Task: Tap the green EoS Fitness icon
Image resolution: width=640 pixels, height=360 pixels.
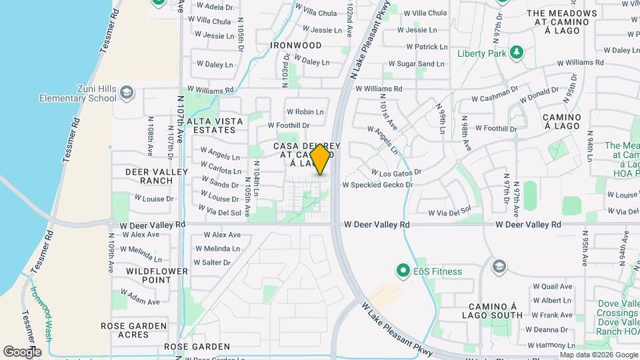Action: click(402, 271)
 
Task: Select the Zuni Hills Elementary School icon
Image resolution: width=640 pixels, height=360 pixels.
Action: click(126, 93)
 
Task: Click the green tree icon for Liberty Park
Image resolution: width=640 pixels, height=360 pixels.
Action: click(515, 53)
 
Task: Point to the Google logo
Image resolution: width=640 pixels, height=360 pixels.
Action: click(21, 351)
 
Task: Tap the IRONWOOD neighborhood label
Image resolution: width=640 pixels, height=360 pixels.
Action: click(296, 45)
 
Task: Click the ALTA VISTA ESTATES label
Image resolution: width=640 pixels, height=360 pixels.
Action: click(211, 125)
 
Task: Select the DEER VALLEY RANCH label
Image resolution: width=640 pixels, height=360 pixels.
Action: click(149, 176)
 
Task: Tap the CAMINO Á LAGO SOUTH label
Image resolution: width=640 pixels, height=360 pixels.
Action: click(493, 309)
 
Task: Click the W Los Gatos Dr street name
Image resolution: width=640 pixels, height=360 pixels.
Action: click(397, 171)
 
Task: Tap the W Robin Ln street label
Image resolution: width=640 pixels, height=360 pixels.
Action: click(305, 112)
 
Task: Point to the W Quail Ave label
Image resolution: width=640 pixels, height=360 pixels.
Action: click(552, 287)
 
